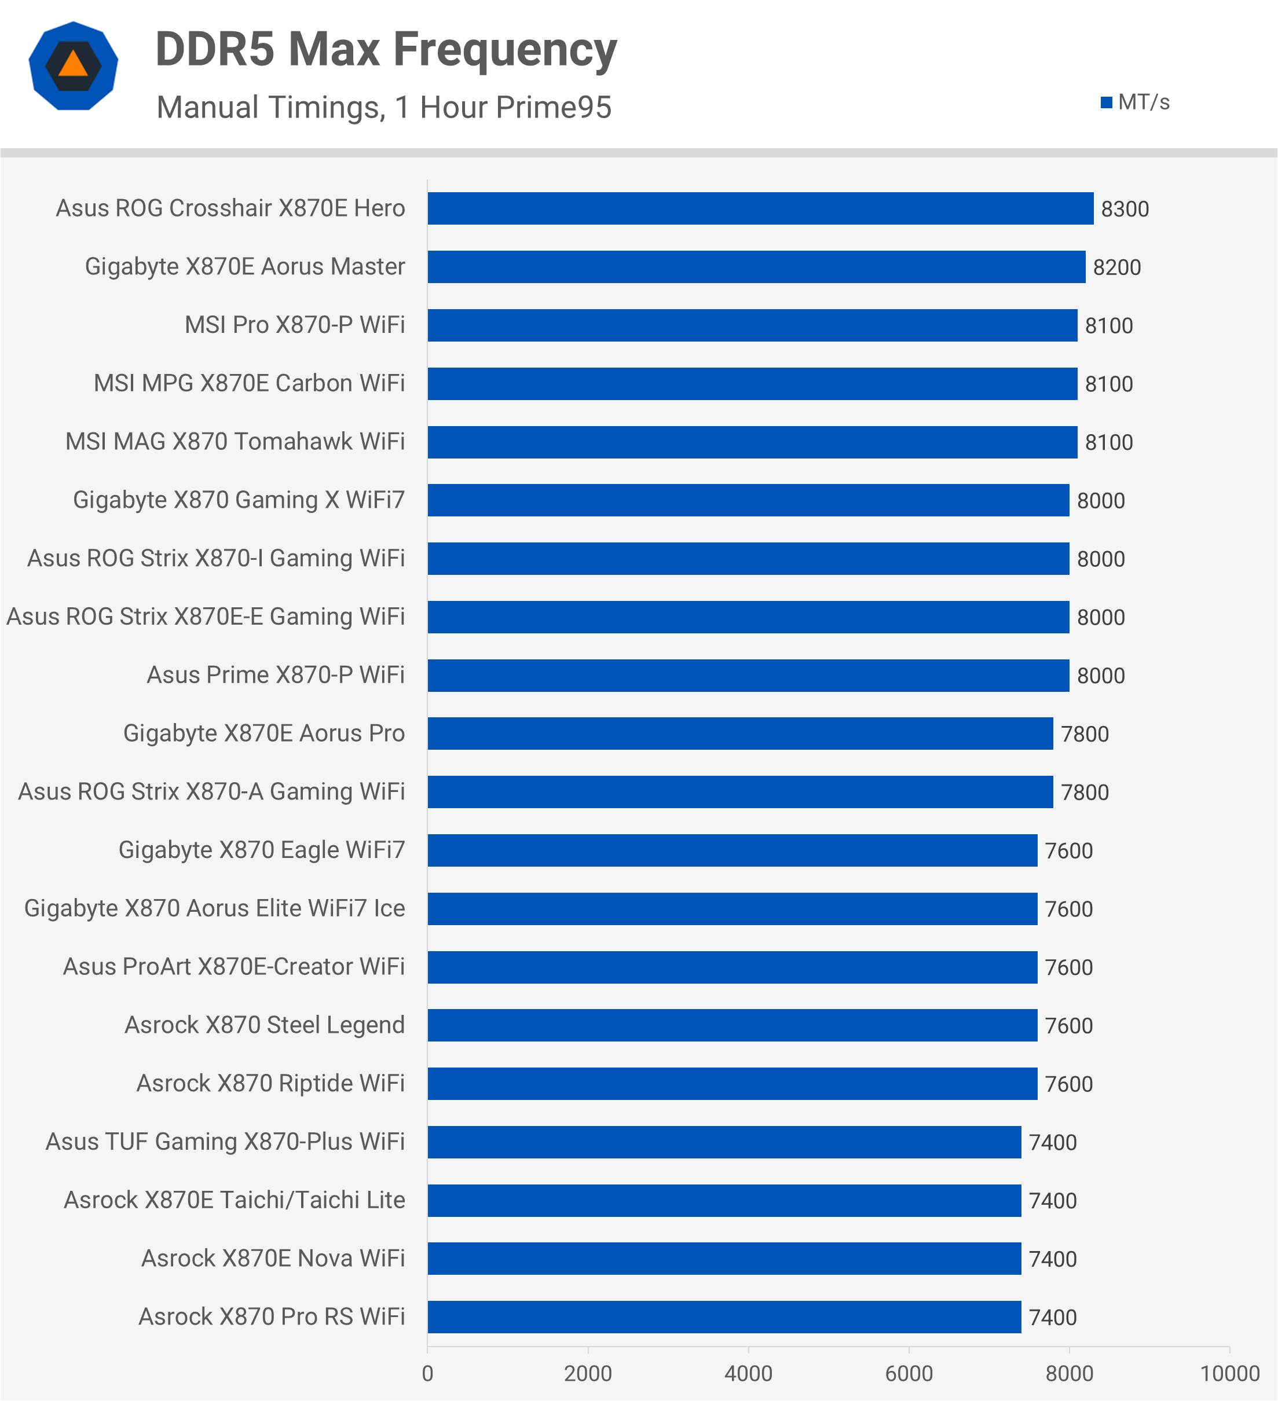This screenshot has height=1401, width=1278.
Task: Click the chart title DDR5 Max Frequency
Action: pyautogui.click(x=386, y=50)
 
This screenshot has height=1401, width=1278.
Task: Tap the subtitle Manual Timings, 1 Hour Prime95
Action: pyautogui.click(x=383, y=108)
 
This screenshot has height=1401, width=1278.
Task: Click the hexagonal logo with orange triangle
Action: pyautogui.click(x=73, y=67)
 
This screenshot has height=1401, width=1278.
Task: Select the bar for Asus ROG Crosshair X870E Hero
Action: pyautogui.click(x=760, y=208)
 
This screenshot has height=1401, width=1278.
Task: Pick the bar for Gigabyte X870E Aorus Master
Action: pyautogui.click(x=756, y=267)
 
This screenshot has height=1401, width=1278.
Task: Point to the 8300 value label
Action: pyautogui.click(x=1125, y=209)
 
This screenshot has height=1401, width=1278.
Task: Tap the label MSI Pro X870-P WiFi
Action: pyautogui.click(x=294, y=325)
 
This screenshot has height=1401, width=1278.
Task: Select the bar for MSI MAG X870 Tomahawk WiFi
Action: pyautogui.click(x=752, y=442)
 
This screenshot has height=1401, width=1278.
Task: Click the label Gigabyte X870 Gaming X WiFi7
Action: pyautogui.click(x=239, y=500)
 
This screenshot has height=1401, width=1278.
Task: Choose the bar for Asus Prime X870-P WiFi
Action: pyautogui.click(x=748, y=676)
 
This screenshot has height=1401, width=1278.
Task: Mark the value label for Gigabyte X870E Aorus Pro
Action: pyautogui.click(x=1084, y=735)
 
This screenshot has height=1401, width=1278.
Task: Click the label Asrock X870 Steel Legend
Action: pyautogui.click(x=264, y=1025)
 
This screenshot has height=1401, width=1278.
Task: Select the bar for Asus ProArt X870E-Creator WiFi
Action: pyautogui.click(x=732, y=967)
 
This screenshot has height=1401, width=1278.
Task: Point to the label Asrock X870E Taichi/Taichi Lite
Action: pyautogui.click(x=234, y=1200)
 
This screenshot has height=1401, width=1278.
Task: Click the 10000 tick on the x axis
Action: pyautogui.click(x=1229, y=1373)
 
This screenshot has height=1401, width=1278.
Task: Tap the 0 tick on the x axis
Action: pyautogui.click(x=427, y=1373)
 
